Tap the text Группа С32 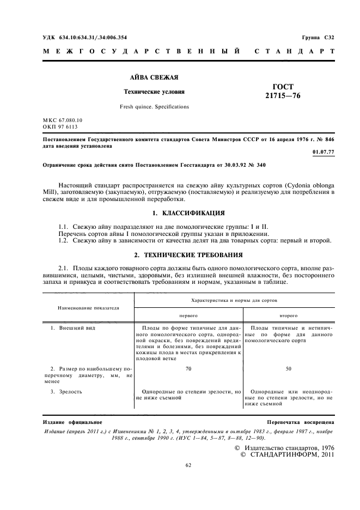(318, 37)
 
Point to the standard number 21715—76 (283, 96)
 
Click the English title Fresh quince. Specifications (154, 107)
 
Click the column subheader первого (188, 315)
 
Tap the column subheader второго (288, 315)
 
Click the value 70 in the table (188, 369)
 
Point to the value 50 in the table (288, 369)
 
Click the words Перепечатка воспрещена (301, 422)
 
